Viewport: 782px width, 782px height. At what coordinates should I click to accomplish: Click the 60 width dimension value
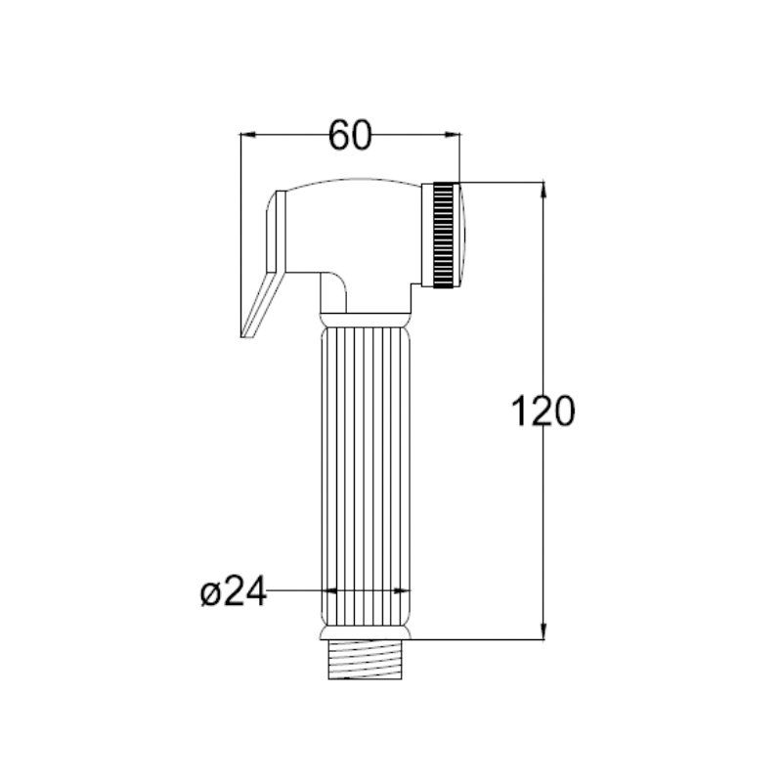tap(350, 135)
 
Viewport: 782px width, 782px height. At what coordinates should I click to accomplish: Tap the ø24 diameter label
tap(234, 591)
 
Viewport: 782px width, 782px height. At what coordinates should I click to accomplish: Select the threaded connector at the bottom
tap(365, 660)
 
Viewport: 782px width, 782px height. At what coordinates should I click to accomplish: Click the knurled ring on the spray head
tap(444, 235)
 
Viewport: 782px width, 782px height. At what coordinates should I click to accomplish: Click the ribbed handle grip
tap(365, 476)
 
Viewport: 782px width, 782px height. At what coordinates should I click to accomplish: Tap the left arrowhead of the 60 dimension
tap(248, 134)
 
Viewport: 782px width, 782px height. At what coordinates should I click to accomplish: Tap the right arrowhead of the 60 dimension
tap(453, 134)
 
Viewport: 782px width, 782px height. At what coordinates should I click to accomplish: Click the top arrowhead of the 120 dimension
tap(543, 191)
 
